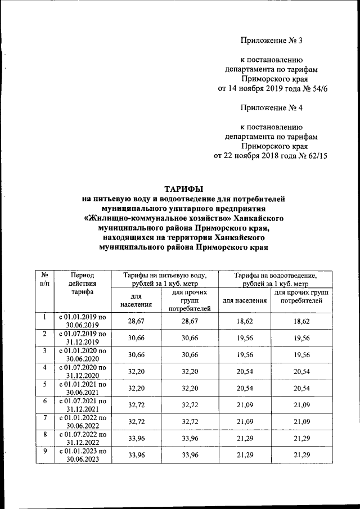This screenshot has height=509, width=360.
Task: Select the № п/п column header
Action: tap(43, 280)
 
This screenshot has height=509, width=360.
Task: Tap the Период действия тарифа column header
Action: tap(83, 284)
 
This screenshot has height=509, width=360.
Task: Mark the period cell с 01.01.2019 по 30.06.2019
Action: tap(83, 321)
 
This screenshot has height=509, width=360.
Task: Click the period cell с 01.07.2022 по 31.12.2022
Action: tap(83, 439)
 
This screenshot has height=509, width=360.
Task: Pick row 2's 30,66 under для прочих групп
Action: tap(186, 338)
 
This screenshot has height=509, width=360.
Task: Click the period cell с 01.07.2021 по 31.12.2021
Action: tap(83, 405)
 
